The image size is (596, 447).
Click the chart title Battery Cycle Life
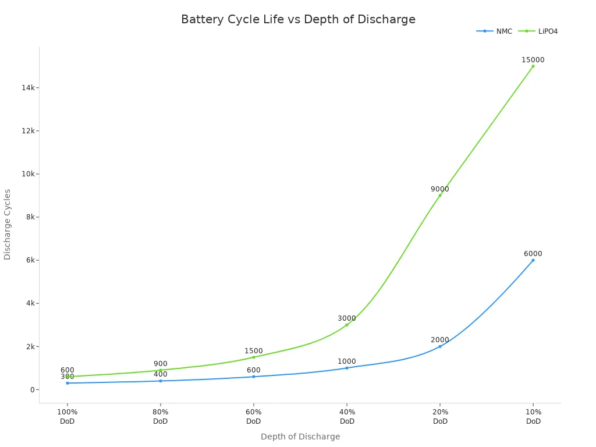298,19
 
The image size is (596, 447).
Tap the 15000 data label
533,60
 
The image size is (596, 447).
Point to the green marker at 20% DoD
440,195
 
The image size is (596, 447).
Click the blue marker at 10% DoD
533,260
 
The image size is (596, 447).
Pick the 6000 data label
533,254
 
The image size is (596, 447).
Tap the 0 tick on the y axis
33,389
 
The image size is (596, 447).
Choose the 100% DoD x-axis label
68,416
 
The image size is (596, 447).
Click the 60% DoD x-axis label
254,416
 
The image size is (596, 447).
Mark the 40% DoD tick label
347,416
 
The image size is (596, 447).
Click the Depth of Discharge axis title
300,437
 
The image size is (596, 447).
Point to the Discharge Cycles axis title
8,224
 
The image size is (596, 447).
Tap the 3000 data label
347,318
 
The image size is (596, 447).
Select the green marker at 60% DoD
254,357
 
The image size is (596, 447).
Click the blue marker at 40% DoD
347,368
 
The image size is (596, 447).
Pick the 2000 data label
440,340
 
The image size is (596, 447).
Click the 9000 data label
440,189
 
